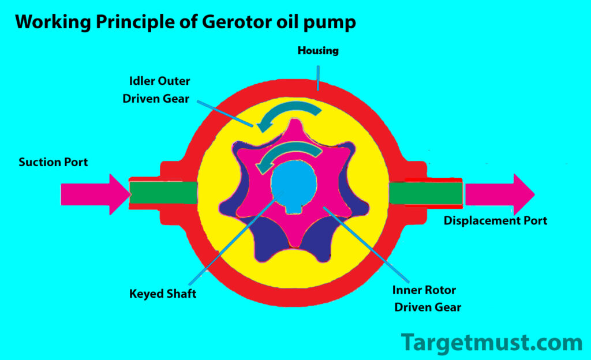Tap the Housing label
pos(318,51)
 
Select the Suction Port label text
pos(53,162)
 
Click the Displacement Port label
pos(495,220)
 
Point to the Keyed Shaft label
pos(163,294)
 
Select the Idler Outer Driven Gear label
pos(156,90)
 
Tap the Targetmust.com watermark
pos(492,342)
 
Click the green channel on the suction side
pos(163,193)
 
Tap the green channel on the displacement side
pos(425,193)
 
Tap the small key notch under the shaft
pos(295,202)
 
